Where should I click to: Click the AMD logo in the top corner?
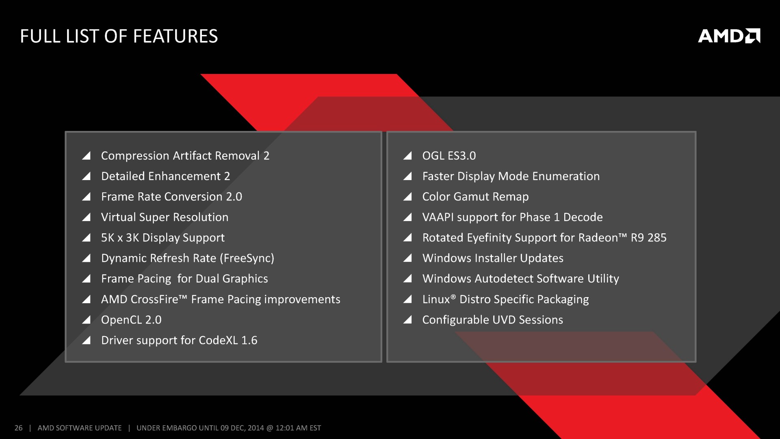pos(729,36)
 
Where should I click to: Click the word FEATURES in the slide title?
pos(175,36)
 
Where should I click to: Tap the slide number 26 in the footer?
pos(19,428)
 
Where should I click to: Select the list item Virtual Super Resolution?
pos(165,217)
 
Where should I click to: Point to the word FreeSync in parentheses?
pos(247,258)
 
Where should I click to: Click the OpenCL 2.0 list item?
pos(131,320)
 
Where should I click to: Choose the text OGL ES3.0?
pos(449,156)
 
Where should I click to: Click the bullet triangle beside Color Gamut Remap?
pos(407,197)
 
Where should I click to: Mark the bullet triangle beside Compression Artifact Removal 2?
pos(86,156)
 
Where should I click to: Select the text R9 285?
pos(649,238)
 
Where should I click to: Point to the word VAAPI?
pos(438,217)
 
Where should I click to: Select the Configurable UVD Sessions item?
pos(493,320)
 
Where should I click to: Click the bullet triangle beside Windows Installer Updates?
pos(407,258)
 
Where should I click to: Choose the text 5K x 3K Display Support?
pos(163,238)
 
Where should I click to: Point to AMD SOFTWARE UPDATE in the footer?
pos(80,428)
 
